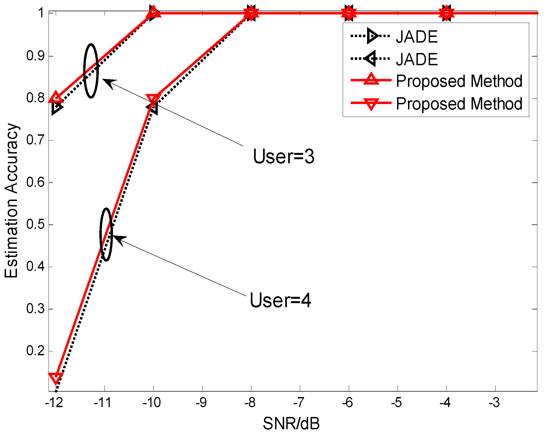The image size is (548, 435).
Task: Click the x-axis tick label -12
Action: point(54,403)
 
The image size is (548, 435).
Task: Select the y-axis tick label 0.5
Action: point(35,224)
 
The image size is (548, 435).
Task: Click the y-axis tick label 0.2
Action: point(35,351)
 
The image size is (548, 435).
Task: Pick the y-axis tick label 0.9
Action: point(35,56)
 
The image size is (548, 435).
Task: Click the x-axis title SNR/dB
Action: point(291,424)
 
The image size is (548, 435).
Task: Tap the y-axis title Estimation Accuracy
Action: point(11,201)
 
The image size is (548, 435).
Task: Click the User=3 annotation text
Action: point(284,156)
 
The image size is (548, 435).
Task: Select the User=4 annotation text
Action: point(280,300)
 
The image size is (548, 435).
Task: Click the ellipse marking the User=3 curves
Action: point(91,71)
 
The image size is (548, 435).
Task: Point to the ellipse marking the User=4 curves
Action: point(106,235)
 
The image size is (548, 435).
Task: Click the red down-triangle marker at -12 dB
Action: point(56,378)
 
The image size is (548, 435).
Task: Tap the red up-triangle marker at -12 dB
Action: point(56,97)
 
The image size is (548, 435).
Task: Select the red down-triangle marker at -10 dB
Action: point(153,99)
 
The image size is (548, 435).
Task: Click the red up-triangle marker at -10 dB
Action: point(153,12)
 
